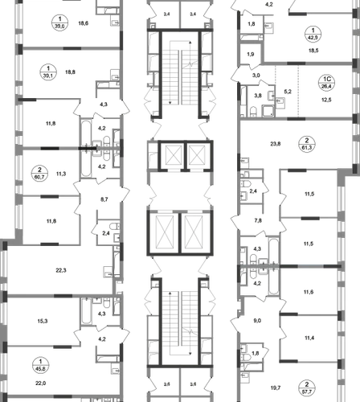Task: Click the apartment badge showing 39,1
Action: pyautogui.click(x=48, y=72)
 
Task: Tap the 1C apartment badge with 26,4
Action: pyautogui.click(x=327, y=83)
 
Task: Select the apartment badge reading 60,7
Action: pyautogui.click(x=39, y=173)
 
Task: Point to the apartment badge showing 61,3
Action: pyautogui.click(x=307, y=144)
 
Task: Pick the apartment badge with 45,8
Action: pyautogui.click(x=40, y=365)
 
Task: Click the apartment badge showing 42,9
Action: pyautogui.click(x=313, y=34)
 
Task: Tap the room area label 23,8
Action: pyautogui.click(x=276, y=144)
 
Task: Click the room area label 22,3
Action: pyautogui.click(x=61, y=270)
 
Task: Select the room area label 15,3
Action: pyautogui.click(x=43, y=321)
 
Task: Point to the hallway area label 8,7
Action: pyautogui.click(x=104, y=199)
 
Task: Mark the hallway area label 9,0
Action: pyautogui.click(x=257, y=321)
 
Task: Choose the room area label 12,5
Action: pyautogui.click(x=326, y=100)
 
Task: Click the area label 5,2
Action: pyautogui.click(x=288, y=92)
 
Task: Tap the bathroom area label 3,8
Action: pyautogui.click(x=258, y=96)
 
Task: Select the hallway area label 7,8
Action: pyautogui.click(x=258, y=220)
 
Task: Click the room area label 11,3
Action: pyautogui.click(x=61, y=174)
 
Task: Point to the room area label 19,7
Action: pyautogui.click(x=276, y=388)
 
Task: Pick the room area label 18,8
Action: pyautogui.click(x=70, y=72)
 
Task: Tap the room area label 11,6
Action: pyautogui.click(x=309, y=292)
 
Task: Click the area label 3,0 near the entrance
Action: pyautogui.click(x=256, y=76)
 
